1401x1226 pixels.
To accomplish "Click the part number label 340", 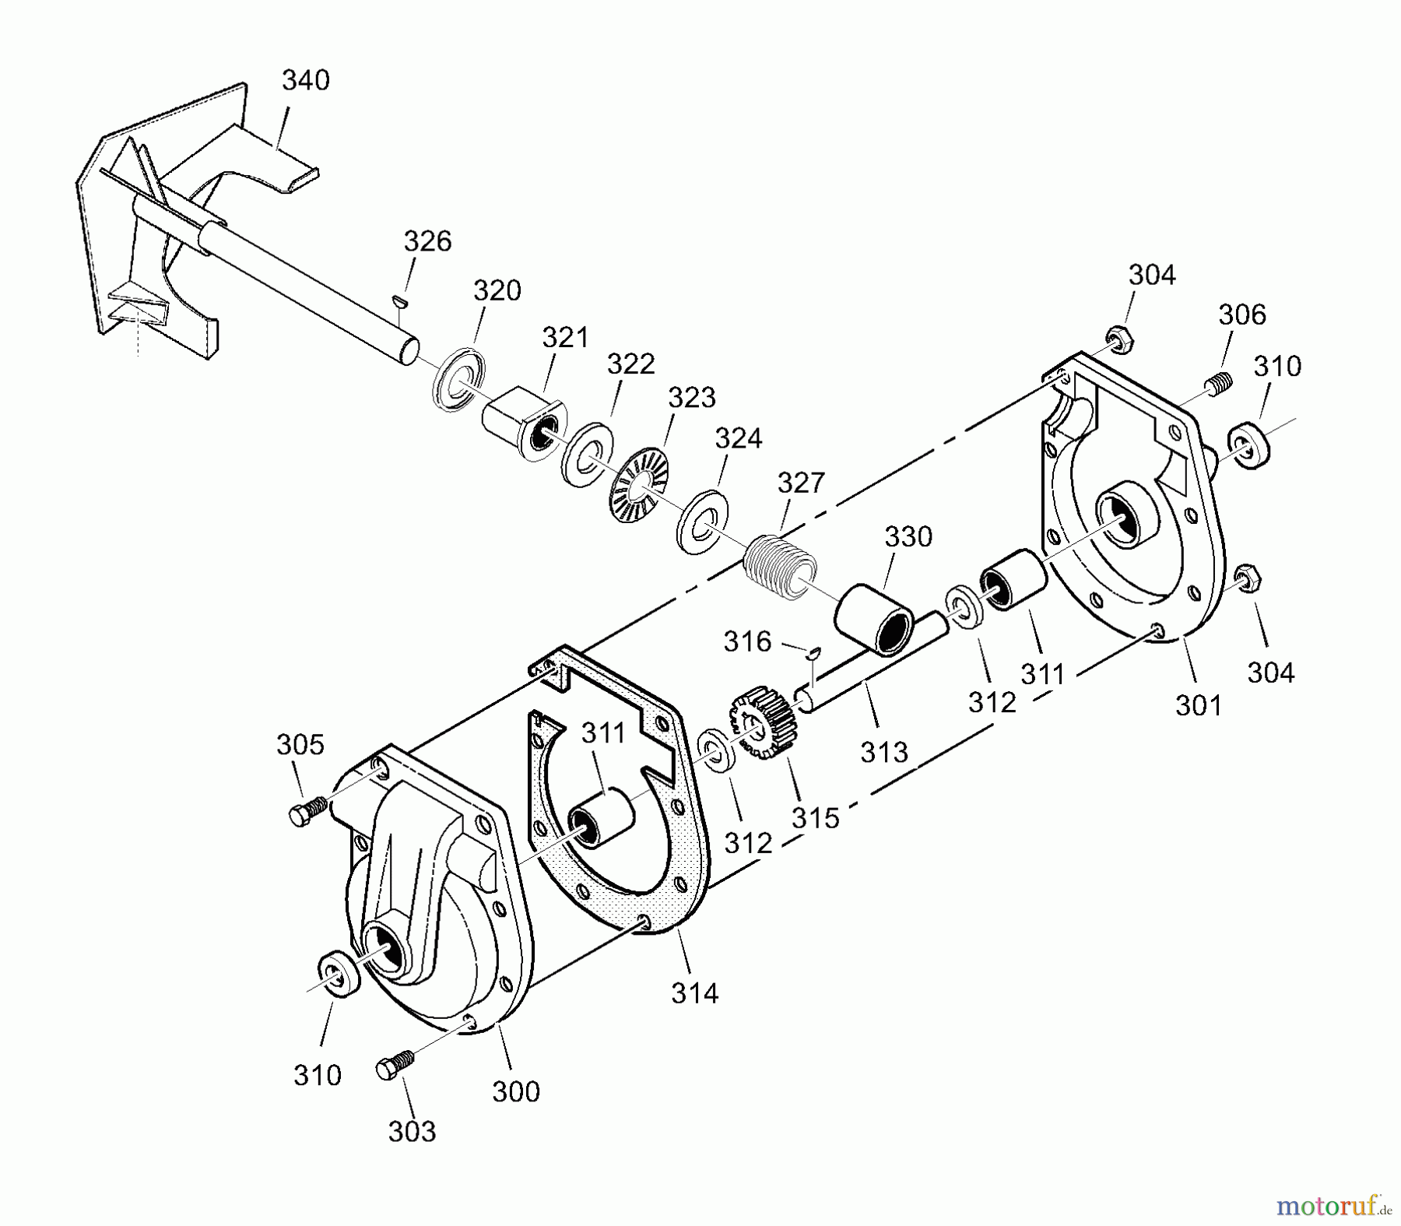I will (305, 80).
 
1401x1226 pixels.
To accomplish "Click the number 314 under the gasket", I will (694, 992).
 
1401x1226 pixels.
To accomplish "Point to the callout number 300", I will (516, 1091).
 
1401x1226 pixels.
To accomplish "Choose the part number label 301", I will (1199, 705).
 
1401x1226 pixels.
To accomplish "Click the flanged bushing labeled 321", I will (522, 424).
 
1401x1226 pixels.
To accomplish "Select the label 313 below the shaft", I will (884, 752).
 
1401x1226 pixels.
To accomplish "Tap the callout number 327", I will (801, 483).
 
